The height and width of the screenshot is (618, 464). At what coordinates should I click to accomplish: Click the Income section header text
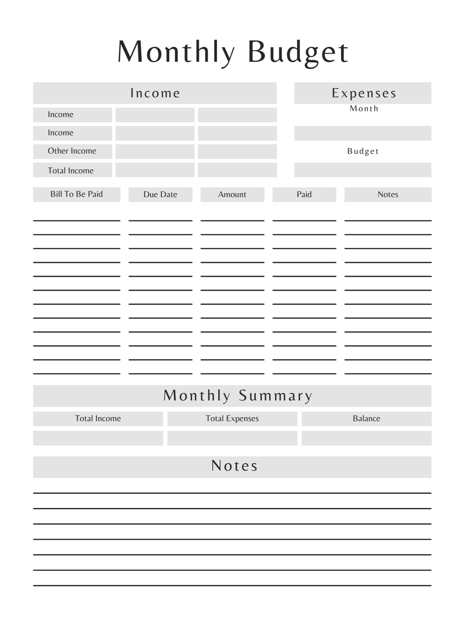coord(155,93)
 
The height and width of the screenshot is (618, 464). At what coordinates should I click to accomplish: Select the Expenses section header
coord(364,93)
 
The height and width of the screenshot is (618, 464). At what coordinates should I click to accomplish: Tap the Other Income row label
coord(72,151)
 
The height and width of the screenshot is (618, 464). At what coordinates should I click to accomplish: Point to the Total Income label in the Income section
coord(71,171)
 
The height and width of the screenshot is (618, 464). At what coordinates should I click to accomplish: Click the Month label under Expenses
coord(364,108)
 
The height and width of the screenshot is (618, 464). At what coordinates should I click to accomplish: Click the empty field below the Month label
coord(363,133)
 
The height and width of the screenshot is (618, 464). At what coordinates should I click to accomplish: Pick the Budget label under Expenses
coord(363,151)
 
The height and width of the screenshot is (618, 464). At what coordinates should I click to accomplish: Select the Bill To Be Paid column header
coord(77,194)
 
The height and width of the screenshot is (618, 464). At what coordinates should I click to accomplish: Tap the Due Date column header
coord(160,194)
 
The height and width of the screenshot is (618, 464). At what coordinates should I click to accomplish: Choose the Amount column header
coord(232,194)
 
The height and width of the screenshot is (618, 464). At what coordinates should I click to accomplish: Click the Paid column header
coord(304,194)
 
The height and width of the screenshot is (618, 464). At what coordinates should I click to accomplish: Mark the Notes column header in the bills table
coord(388,194)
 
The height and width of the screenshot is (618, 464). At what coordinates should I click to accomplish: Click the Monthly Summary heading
coord(238,396)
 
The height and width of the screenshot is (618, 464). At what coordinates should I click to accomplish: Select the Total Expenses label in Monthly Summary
coord(232,418)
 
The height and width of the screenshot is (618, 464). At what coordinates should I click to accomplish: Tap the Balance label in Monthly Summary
coord(367,418)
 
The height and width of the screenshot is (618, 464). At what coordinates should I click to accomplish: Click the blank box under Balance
coord(367,438)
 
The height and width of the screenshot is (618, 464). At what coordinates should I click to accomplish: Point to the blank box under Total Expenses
coord(232,438)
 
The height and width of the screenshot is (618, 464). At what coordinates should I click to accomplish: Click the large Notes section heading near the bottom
coord(234,466)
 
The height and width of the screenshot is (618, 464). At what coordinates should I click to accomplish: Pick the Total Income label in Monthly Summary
coord(98,418)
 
